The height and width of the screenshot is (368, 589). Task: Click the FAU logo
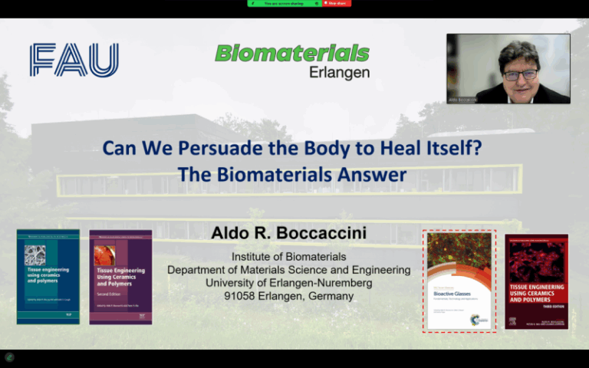(74, 60)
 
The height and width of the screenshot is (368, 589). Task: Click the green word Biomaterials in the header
(291, 54)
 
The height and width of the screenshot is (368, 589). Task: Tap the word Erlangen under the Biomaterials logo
(339, 73)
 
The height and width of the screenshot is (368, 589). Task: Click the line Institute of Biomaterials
(288, 257)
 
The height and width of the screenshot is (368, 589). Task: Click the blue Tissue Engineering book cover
(48, 276)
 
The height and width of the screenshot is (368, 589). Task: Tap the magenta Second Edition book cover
(120, 276)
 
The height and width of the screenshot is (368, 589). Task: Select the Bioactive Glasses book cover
(459, 281)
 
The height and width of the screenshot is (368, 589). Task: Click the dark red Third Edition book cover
(536, 281)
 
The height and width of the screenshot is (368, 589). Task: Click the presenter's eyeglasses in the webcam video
(520, 74)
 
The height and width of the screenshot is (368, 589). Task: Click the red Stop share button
(337, 4)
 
